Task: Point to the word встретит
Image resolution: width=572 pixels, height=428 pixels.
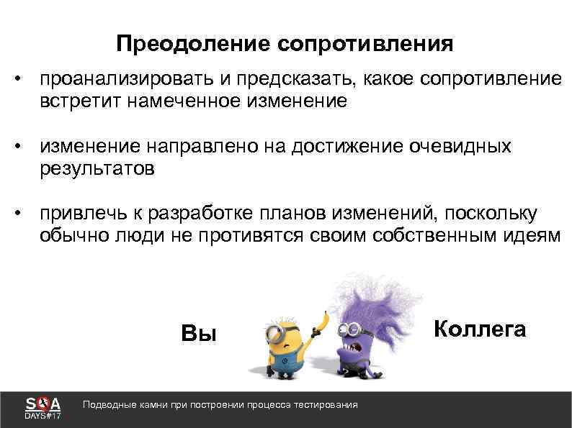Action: (x=80, y=101)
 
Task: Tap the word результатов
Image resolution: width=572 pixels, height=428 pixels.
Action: (x=97, y=170)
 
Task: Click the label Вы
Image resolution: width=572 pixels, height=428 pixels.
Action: (x=198, y=332)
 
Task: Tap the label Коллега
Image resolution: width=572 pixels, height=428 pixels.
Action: (x=480, y=329)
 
